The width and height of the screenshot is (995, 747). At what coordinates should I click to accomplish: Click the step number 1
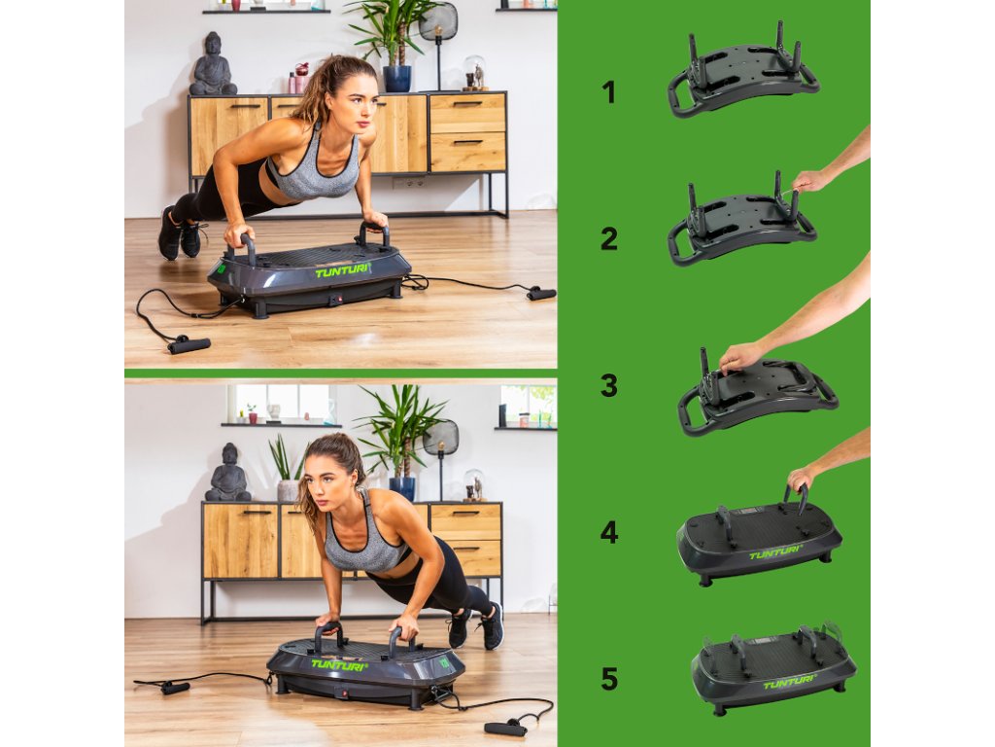(609, 92)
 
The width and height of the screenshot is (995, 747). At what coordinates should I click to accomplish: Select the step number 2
(609, 239)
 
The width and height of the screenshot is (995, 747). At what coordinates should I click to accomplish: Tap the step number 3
(609, 385)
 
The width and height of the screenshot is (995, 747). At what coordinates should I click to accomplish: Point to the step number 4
(609, 532)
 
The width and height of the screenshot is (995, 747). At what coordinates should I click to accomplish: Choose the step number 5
(609, 678)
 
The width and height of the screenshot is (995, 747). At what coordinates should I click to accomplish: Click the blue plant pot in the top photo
(396, 79)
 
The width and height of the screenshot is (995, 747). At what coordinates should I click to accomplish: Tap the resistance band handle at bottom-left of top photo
(189, 345)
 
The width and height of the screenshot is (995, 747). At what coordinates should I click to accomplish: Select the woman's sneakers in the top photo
(180, 234)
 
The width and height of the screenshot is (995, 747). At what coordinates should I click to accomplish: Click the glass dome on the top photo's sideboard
(474, 72)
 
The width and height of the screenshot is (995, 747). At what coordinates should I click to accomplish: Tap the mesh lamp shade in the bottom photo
(440, 438)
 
